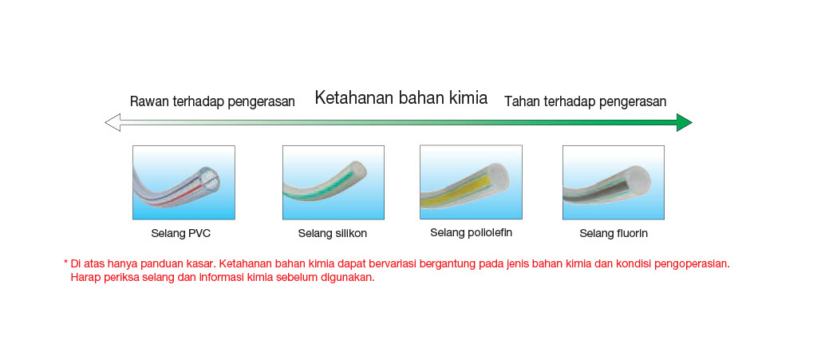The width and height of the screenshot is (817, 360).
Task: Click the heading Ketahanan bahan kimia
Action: (401, 98)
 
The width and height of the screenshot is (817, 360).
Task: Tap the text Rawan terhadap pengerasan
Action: (212, 101)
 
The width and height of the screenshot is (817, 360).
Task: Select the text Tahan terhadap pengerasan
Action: (585, 101)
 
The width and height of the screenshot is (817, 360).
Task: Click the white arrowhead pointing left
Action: (112, 122)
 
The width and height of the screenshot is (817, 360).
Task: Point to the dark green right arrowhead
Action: (684, 122)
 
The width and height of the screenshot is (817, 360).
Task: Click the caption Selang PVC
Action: (181, 233)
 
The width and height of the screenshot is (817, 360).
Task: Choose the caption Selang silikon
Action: (333, 233)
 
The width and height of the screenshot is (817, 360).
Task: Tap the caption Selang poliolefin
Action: (471, 232)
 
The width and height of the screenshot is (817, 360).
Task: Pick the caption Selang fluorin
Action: (614, 233)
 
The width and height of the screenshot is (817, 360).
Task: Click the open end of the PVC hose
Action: (209, 181)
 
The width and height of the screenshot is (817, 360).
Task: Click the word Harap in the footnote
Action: (83, 277)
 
